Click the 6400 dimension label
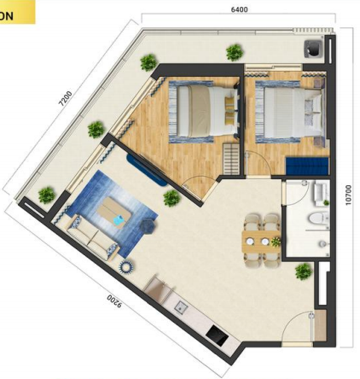[x=239, y=9]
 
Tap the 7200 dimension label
[x=65, y=98]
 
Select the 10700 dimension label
[x=348, y=195]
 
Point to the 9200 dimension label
[x=114, y=301]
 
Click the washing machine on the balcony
[x=313, y=48]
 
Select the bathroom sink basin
[x=321, y=192]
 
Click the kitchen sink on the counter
[x=181, y=307]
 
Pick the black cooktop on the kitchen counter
[x=217, y=335]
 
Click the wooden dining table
[x=261, y=242]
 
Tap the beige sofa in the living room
[x=92, y=237]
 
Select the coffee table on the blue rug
[x=114, y=213]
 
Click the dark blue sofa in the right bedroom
[x=307, y=166]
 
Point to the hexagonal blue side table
[x=148, y=225]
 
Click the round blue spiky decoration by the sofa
[x=126, y=267]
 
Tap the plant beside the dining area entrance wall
[x=304, y=271]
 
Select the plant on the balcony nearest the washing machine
[x=235, y=53]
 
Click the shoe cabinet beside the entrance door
[x=320, y=325]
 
